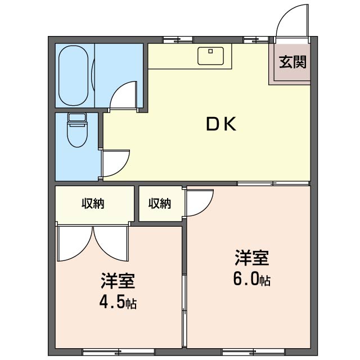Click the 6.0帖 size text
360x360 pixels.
pos(251,278)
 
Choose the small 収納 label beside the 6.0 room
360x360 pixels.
pos(160,204)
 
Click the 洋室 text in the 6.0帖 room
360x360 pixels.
pos(251,258)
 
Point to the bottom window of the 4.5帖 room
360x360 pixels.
pos(118,352)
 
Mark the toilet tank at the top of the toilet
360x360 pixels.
pos(76,118)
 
